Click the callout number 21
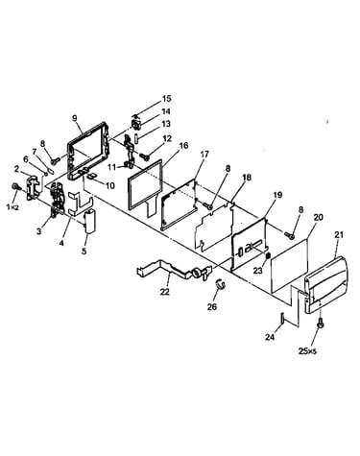point(339,234)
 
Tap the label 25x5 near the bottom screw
point(307,351)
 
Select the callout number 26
point(212,307)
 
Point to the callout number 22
point(164,292)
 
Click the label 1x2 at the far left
point(12,207)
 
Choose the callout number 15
point(166,98)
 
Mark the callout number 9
point(75,118)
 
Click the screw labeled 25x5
point(320,324)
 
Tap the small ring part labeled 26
point(220,283)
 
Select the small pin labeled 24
point(282,318)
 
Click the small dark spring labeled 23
point(269,255)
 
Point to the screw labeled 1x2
point(15,186)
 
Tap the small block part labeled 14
point(137,123)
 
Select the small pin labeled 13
point(135,138)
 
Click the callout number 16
point(183,146)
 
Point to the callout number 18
point(247,177)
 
